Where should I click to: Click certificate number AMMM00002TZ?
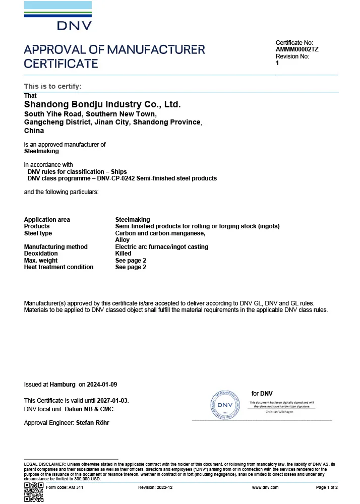pos(297,50)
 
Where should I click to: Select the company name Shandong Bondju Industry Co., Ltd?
pos(102,105)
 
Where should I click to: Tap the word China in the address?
pos(34,131)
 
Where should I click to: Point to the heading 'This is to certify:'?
pos(52,86)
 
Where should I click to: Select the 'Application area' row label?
pos(47,220)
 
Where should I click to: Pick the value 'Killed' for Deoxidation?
pos(123,254)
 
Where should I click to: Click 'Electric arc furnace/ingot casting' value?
pos(161,247)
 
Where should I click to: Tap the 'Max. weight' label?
pos(41,261)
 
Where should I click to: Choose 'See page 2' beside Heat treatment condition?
pos(131,267)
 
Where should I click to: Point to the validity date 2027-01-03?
pos(113,401)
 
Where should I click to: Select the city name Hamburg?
pos(63,385)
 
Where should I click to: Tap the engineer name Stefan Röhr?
pos(92,423)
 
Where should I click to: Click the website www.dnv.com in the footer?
pos(263,488)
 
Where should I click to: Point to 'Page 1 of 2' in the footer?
pos(327,488)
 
